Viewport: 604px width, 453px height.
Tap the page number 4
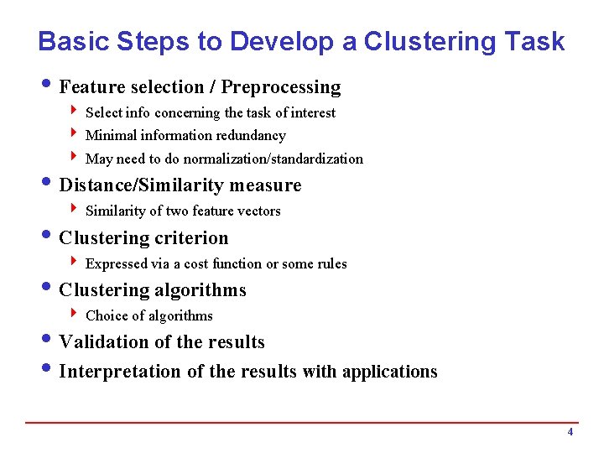[x=570, y=432]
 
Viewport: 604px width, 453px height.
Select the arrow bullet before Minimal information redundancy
[x=75, y=134]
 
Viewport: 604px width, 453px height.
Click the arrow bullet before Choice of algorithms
[x=75, y=315]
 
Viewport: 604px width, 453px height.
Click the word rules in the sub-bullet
[x=331, y=263]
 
